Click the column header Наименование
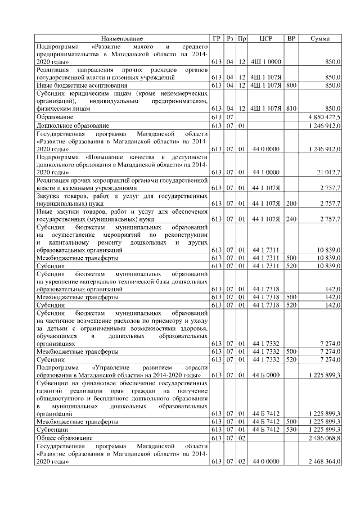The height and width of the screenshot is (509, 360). tap(122, 38)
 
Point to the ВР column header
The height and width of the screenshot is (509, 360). tap(291, 38)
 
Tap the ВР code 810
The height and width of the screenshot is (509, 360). tap(291, 108)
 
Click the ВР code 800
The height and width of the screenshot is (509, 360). tap(291, 85)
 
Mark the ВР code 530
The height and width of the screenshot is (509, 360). tap(291, 429)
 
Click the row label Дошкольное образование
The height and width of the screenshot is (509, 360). tap(73, 125)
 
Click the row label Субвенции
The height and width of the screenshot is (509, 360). tap(53, 429)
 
